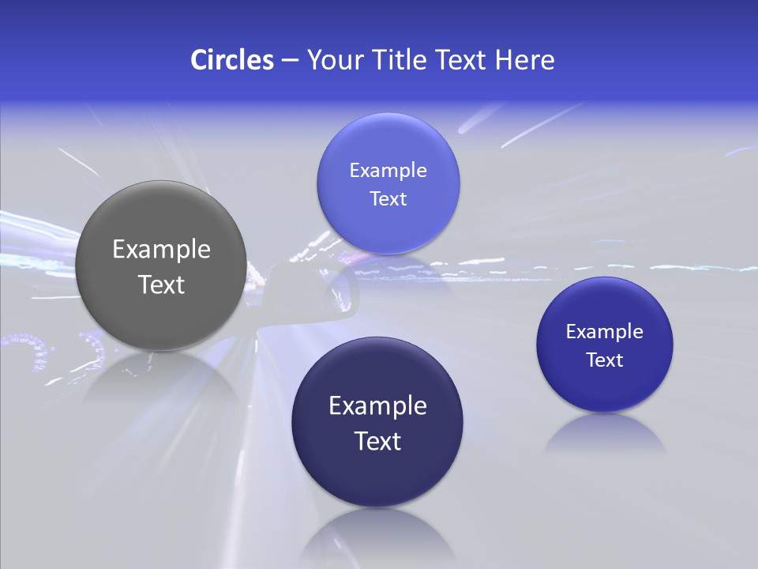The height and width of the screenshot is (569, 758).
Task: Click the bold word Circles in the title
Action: pyautogui.click(x=231, y=60)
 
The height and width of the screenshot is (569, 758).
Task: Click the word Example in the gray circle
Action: pyautogui.click(x=161, y=250)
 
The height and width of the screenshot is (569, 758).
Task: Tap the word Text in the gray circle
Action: pyautogui.click(x=161, y=284)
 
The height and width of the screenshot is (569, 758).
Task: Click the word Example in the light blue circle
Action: pyautogui.click(x=388, y=171)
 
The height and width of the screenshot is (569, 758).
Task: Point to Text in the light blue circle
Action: pyautogui.click(x=388, y=199)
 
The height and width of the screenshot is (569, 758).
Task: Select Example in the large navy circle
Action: pyautogui.click(x=377, y=406)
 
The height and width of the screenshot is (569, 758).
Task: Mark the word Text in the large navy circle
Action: pyautogui.click(x=377, y=441)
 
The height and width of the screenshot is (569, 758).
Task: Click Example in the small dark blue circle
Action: pyautogui.click(x=604, y=332)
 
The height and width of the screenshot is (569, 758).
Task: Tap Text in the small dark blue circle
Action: pyautogui.click(x=604, y=360)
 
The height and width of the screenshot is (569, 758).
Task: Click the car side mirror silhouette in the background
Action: pyautogui.click(x=316, y=292)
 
